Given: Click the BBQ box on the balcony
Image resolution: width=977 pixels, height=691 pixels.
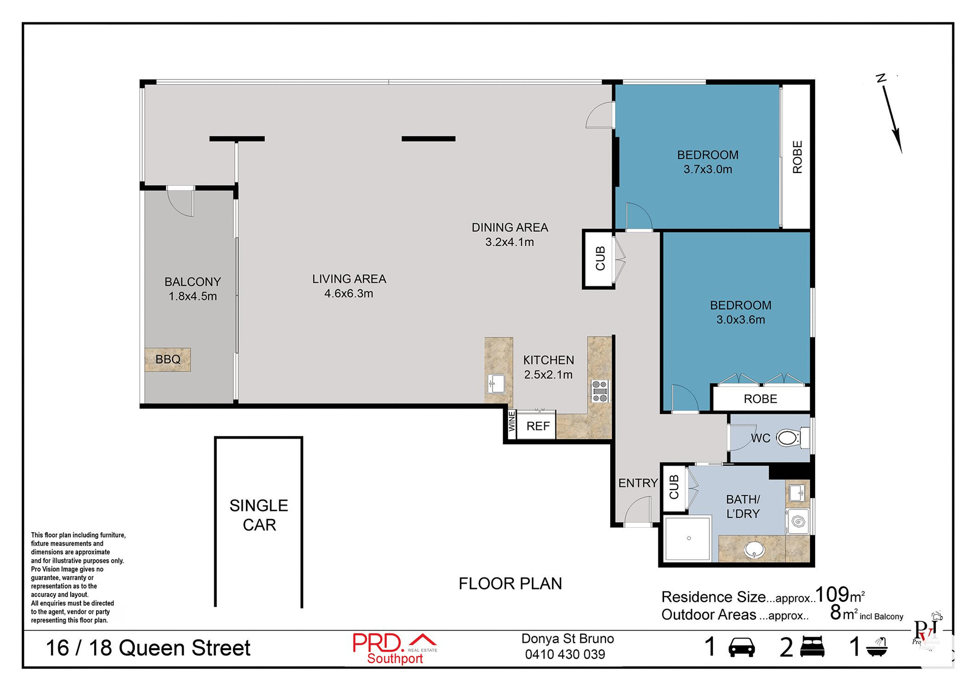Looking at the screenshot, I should coord(167,359).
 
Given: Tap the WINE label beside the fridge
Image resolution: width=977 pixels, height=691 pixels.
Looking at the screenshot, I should coord(512,422).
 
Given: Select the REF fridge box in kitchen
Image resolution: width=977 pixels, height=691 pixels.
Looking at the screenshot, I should coord(537,426).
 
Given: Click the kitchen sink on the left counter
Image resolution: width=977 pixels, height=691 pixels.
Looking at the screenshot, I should coord(496,384).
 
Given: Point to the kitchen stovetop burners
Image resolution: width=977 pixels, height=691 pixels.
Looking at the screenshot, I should coord(600,391).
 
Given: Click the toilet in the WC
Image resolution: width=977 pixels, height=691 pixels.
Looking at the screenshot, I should coord(788,438).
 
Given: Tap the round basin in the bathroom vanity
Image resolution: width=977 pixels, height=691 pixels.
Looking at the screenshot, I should coord(754,550).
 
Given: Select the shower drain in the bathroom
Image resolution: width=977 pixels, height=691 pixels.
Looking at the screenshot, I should coord(688,538).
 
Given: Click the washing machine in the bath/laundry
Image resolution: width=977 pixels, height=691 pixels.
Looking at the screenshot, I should coord(798,522).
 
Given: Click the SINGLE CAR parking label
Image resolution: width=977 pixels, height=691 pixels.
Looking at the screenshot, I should coord(259,515).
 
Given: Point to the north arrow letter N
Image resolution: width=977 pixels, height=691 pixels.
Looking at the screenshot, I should coord(881,78).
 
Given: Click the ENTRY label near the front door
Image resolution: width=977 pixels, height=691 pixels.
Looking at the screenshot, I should coord(638,483).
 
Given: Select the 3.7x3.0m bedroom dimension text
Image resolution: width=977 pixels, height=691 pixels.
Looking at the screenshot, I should coord(707,169).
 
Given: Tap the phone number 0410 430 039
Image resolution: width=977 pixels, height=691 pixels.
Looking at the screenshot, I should coord(565,654).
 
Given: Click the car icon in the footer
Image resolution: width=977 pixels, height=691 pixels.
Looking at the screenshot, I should coord(741,648).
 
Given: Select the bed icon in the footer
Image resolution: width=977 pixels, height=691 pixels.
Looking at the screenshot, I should coord(812,647).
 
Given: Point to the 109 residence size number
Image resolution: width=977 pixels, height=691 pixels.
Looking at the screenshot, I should coord(832,594).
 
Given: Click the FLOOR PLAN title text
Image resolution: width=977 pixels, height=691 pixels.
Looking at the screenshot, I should coord(510,584).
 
